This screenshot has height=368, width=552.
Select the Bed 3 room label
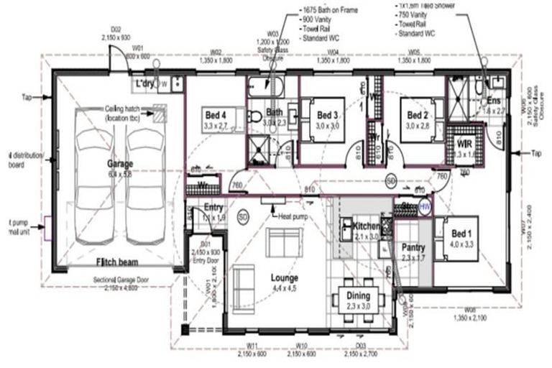point(327,115)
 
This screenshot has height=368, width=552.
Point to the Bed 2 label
point(418,115)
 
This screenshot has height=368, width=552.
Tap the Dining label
point(358,295)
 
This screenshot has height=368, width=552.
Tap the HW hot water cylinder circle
point(425,207)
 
